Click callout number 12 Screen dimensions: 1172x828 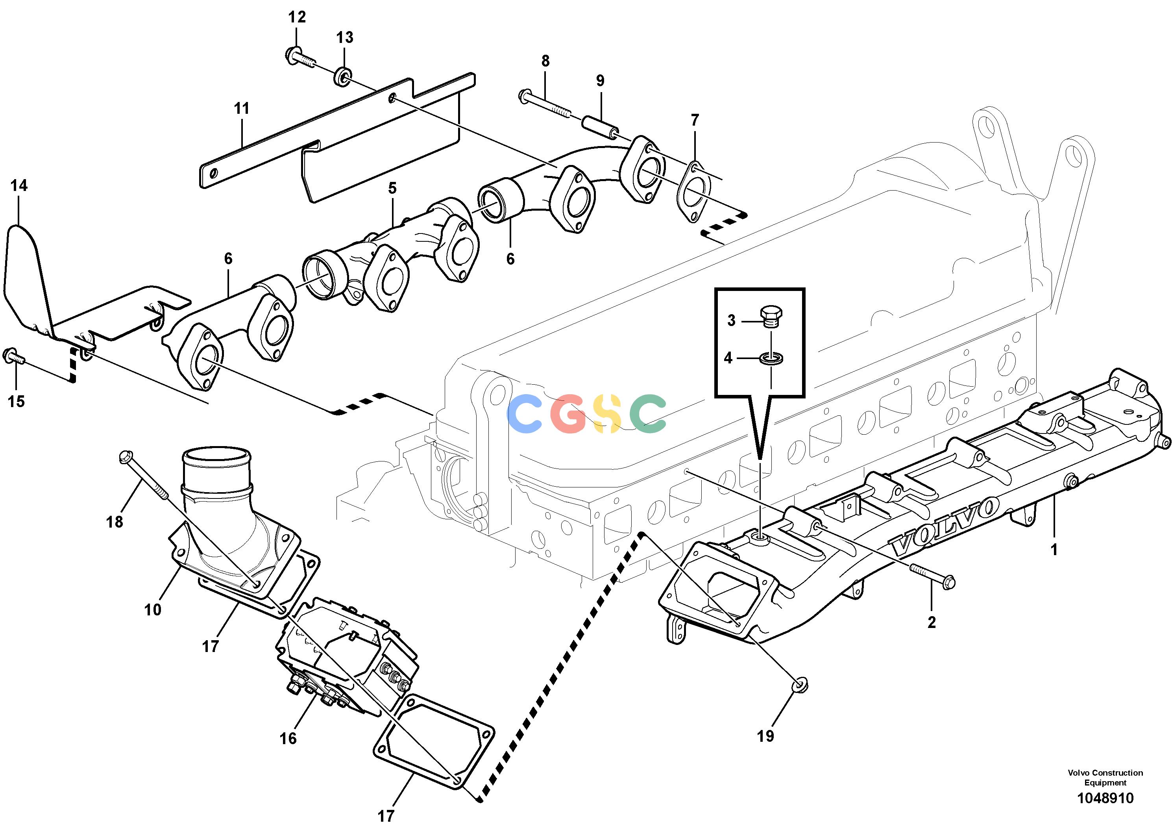pyautogui.click(x=297, y=17)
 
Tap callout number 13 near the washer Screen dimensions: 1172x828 pyautogui.click(x=345, y=37)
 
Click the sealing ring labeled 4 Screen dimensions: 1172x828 pyautogui.click(x=771, y=358)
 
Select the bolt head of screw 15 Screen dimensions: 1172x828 pyautogui.click(x=10, y=354)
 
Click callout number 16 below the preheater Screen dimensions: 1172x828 pyautogui.click(x=288, y=739)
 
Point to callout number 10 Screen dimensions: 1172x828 pyautogui.click(x=153, y=610)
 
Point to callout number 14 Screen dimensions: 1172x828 pyautogui.click(x=19, y=185)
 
